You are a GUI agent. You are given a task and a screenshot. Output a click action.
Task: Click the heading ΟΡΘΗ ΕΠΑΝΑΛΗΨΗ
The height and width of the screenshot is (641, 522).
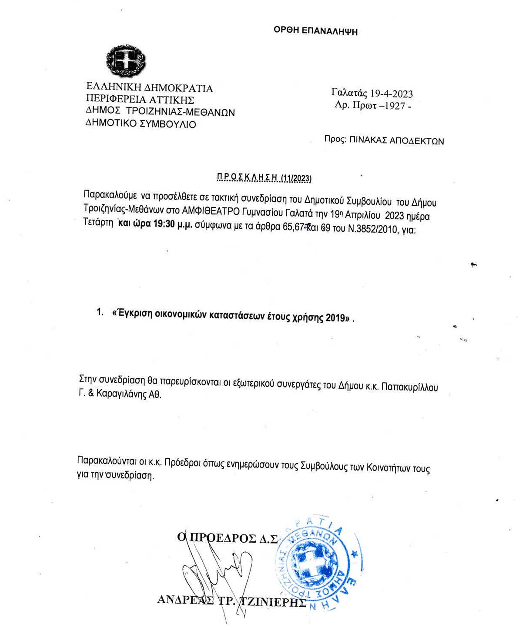pos(315,30)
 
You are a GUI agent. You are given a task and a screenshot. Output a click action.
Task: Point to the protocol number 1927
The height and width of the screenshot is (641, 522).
pos(395,106)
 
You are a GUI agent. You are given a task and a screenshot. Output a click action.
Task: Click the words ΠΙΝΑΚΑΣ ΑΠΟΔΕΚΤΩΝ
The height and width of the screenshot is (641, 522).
pos(397,140)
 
